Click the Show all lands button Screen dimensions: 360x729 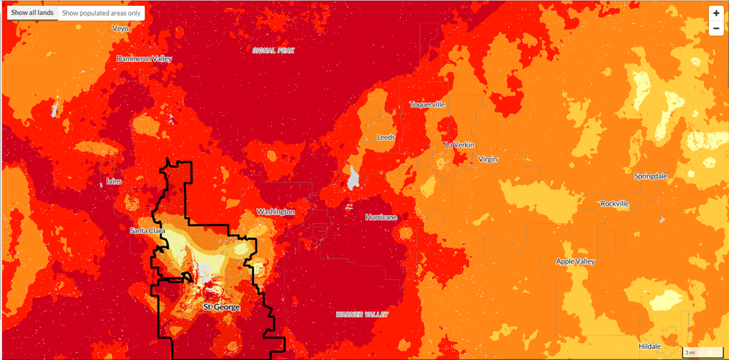coord(32,13)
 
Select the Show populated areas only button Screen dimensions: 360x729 coord(101,13)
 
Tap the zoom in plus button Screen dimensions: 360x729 coord(716,13)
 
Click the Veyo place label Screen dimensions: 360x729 coord(120,29)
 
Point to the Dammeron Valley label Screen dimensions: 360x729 coord(145,58)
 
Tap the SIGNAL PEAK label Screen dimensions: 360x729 coord(273,50)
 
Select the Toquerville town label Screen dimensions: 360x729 coord(427,104)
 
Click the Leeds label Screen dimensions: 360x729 coord(386,137)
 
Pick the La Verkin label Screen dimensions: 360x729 coord(460,145)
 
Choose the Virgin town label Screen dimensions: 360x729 coord(487,159)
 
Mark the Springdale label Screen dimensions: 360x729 coord(651,176)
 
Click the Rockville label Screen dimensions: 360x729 coord(615,204)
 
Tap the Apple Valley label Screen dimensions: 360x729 coord(576,261)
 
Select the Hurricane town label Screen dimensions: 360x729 coord(381,217)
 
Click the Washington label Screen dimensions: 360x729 coord(276,212)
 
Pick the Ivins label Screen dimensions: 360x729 coord(114,181)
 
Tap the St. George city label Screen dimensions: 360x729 coord(222,307)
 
